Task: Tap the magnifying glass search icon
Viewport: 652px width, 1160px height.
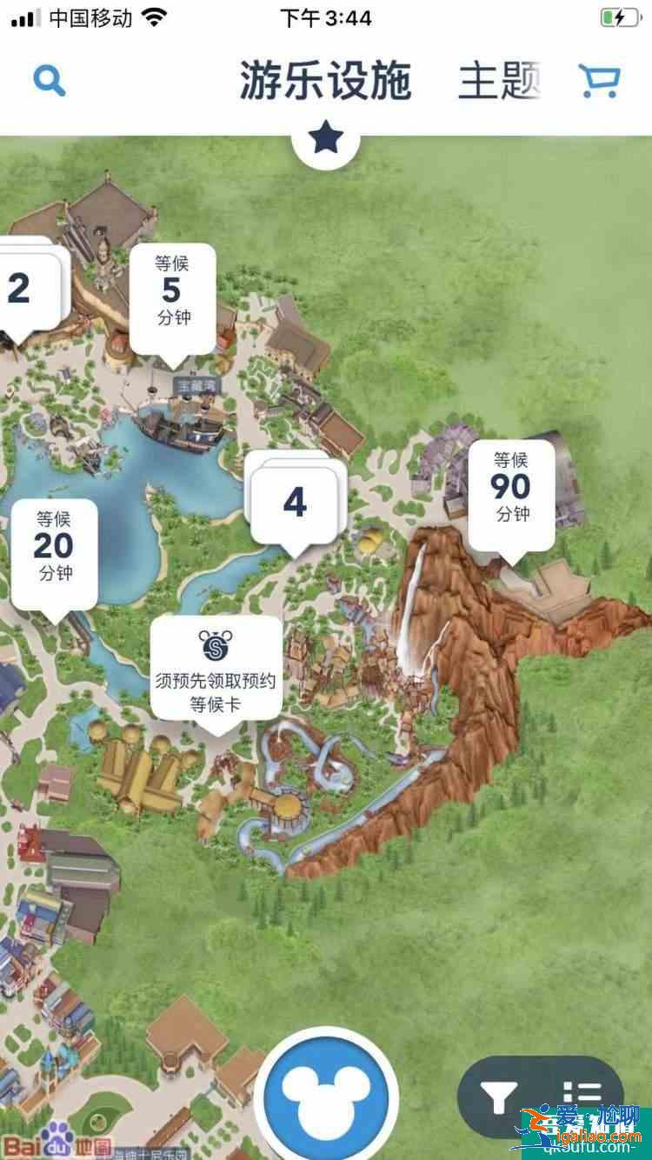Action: [x=49, y=81]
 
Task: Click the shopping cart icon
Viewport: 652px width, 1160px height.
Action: [x=599, y=81]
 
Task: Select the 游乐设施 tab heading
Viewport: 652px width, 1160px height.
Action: [x=326, y=81]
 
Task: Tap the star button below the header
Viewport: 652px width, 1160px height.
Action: [x=326, y=138]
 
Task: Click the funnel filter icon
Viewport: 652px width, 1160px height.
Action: [x=500, y=1097]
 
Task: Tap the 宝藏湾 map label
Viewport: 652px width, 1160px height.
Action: [x=196, y=384]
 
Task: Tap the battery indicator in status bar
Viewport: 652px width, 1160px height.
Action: [x=618, y=17]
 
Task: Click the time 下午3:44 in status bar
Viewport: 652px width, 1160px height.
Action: [x=326, y=17]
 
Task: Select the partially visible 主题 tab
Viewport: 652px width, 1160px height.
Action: [x=499, y=81]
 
